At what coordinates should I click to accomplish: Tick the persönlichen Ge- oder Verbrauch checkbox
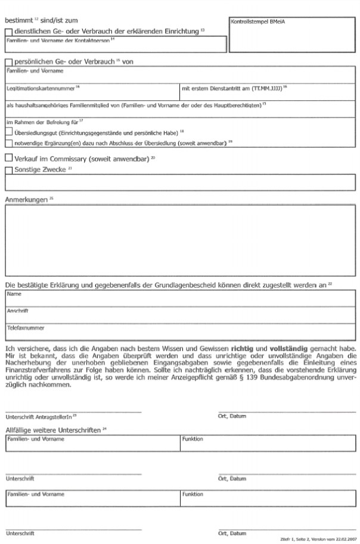coord(8,62)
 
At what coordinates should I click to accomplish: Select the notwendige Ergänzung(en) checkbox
coord(8,143)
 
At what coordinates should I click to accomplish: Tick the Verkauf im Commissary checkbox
coord(8,159)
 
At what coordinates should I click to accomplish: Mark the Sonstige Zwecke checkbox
coord(8,171)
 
